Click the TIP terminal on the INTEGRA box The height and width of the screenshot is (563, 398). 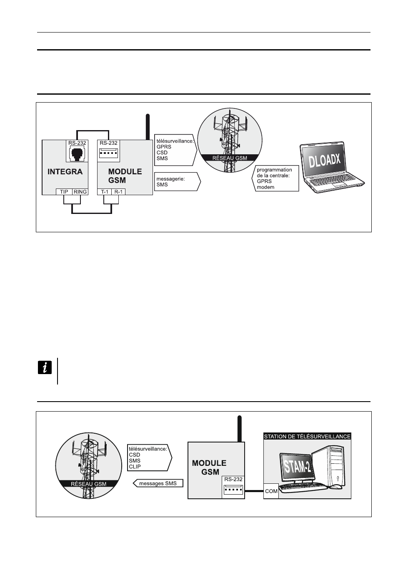(x=64, y=192)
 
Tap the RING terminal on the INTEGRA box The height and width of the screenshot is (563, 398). (x=80, y=192)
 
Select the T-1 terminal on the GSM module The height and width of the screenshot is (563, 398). (x=105, y=192)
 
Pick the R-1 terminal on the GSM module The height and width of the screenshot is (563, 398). (x=119, y=192)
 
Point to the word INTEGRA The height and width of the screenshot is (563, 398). (x=65, y=171)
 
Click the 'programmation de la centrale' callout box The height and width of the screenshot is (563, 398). (x=275, y=178)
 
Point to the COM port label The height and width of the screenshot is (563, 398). (x=271, y=491)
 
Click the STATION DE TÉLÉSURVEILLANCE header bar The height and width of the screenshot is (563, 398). (x=307, y=437)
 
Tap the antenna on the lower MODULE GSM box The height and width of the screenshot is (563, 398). (x=239, y=428)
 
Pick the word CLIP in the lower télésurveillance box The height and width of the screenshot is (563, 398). (x=135, y=467)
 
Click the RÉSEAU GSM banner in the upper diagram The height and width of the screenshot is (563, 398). (x=230, y=158)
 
